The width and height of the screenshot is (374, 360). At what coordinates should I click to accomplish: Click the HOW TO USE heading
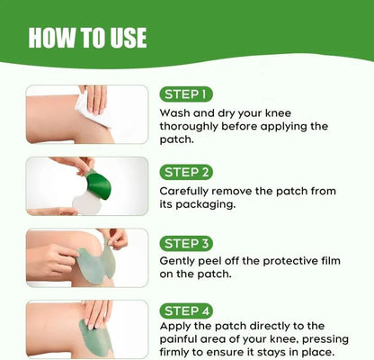click(87, 38)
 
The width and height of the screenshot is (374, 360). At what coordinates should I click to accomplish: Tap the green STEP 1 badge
click(185, 94)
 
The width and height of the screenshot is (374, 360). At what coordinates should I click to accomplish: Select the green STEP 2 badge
click(186, 170)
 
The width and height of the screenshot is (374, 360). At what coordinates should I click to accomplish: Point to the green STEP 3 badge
click(186, 243)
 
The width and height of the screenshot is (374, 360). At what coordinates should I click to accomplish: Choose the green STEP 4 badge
click(186, 310)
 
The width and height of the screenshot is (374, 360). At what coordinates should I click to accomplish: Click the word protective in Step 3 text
click(284, 264)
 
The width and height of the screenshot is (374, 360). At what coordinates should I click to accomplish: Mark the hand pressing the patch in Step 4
click(96, 314)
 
